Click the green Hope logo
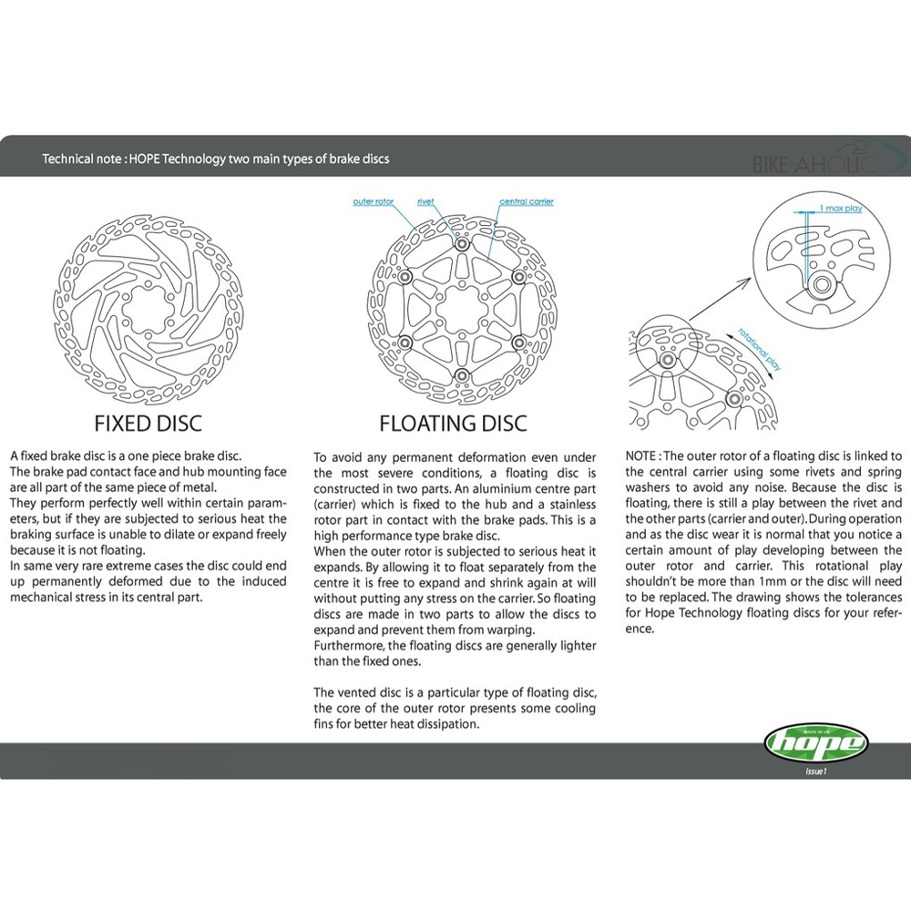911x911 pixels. pos(815,743)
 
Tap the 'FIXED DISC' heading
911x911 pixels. pos(148,424)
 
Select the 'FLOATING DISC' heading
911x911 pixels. pos(453,424)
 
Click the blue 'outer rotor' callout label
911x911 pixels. pos(373,201)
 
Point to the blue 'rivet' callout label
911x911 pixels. pos(425,201)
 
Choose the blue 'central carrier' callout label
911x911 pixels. pos(527,201)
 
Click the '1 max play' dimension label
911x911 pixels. pos(841,208)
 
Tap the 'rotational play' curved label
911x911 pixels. pos(760,349)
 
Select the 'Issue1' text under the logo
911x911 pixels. pos(815,772)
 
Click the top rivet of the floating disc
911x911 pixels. pos(461,244)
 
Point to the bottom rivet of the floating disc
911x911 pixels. pos(461,376)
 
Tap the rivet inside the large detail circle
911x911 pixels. pos(821,284)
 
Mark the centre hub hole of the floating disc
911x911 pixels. pos(461,311)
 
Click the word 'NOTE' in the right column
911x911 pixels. pos(640,456)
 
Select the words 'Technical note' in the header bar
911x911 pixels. pos(81,159)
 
